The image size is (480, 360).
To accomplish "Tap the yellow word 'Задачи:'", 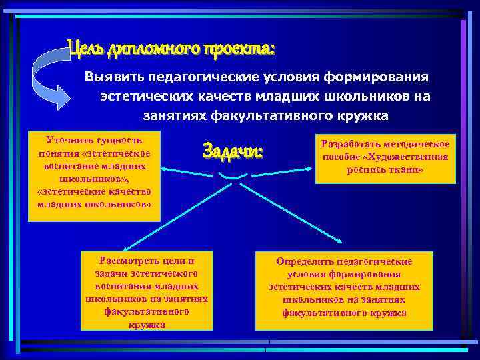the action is tap(233, 151).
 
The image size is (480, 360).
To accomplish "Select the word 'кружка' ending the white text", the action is tap(362, 116).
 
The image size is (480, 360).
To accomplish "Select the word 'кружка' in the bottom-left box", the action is tap(146, 325).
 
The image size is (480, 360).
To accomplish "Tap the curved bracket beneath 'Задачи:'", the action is tap(229, 176).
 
